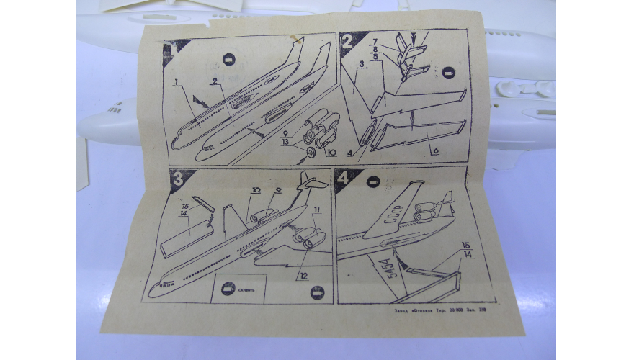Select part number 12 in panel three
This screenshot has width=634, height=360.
click(302, 276)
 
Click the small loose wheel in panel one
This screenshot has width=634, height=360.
click(312, 153)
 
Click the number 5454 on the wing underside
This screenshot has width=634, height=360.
click(385, 270)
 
